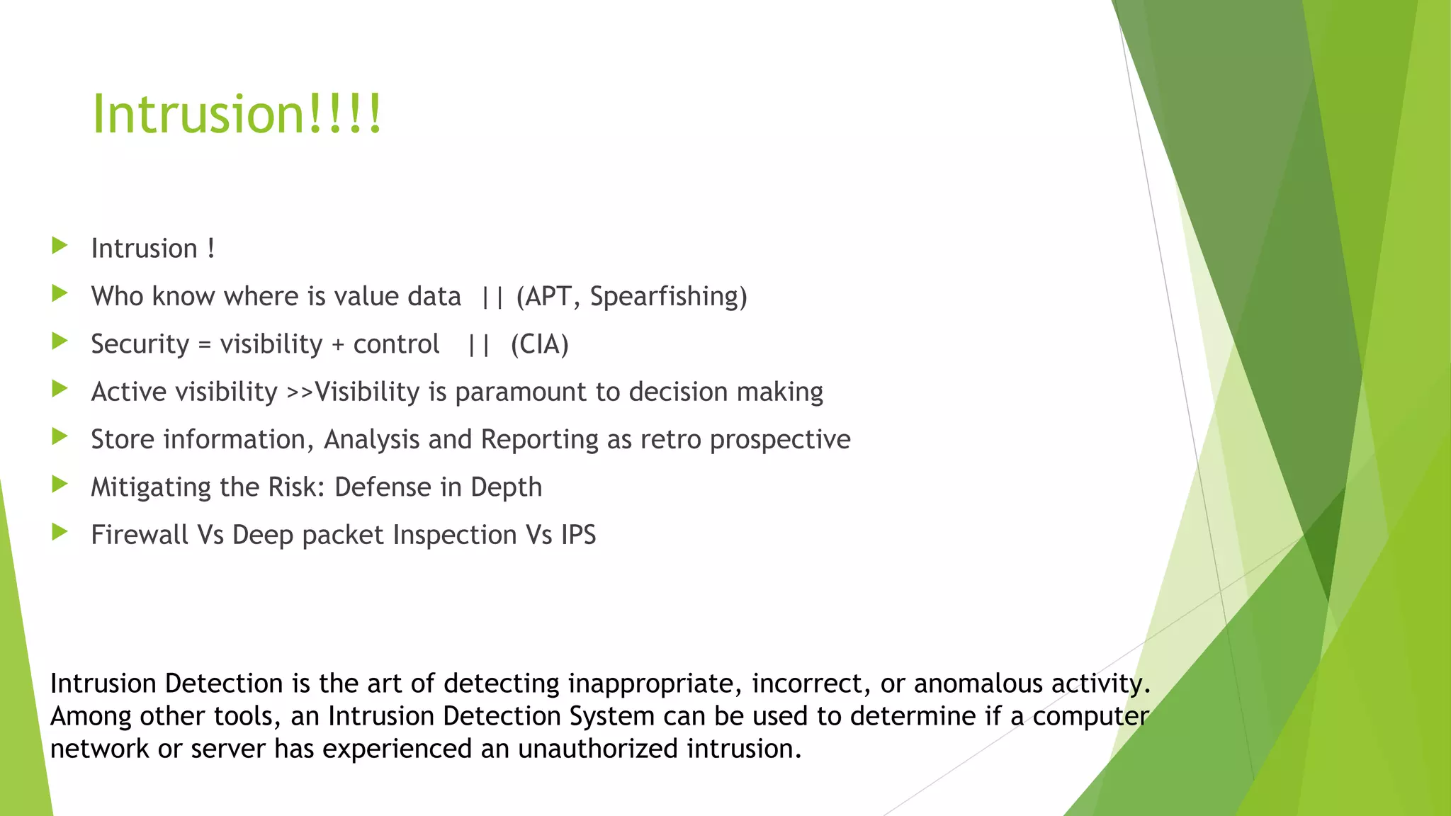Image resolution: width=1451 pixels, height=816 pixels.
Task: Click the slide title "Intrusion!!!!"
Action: tap(237, 113)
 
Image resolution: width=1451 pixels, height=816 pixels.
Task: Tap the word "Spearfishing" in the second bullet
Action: tap(668, 297)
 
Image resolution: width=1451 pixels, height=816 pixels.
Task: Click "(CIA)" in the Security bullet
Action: tap(539, 344)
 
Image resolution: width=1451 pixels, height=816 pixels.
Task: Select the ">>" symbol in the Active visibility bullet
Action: tap(300, 392)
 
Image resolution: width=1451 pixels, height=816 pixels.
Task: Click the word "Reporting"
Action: tap(540, 440)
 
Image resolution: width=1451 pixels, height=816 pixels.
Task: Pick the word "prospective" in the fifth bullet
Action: tap(780, 440)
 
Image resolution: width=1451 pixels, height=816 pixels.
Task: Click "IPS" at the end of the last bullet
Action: tap(578, 535)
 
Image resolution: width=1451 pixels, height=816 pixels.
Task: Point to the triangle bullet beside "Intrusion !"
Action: tap(60, 246)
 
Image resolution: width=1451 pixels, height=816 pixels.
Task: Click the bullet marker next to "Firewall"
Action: tap(60, 532)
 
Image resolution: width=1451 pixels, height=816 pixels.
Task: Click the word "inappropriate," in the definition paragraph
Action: tap(655, 684)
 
